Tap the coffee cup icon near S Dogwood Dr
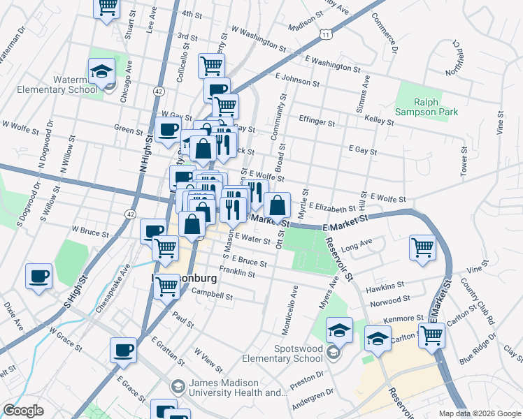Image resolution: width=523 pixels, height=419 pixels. click(x=38, y=276)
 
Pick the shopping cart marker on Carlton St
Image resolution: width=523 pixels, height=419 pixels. click(x=431, y=335)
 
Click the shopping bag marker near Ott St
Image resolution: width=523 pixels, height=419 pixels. click(x=278, y=205)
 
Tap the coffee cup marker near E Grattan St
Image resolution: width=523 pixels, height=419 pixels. click(x=124, y=350)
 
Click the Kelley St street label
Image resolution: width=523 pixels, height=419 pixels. click(x=380, y=120)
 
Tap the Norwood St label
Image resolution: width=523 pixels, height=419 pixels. click(x=389, y=302)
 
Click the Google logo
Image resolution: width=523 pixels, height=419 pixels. click(x=23, y=411)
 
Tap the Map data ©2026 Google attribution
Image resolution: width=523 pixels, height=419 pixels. click(x=480, y=413)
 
